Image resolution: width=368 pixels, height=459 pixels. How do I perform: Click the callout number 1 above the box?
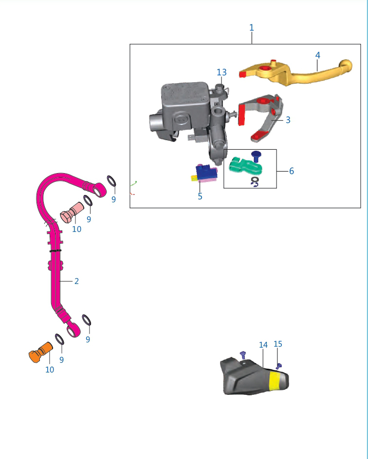click(x=251, y=28)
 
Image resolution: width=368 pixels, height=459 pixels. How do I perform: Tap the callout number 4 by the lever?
click(x=317, y=55)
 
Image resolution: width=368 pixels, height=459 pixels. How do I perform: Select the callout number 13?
click(x=221, y=72)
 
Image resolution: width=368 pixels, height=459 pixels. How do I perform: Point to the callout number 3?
click(x=288, y=120)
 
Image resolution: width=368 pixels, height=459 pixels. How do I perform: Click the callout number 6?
click(x=291, y=171)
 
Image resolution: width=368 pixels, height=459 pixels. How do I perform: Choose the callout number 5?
click(x=200, y=196)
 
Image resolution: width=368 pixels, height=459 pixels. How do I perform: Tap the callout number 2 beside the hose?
click(x=76, y=281)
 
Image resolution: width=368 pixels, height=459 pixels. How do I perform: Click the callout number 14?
click(x=263, y=345)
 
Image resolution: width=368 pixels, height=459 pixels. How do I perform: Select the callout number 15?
click(x=278, y=344)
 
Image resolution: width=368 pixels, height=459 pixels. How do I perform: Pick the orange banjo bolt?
click(x=40, y=353)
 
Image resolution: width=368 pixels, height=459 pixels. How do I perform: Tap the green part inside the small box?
click(x=245, y=166)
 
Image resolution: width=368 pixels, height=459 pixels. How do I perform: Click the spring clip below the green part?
click(x=255, y=181)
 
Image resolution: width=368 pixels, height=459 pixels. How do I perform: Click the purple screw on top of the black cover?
click(x=242, y=353)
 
